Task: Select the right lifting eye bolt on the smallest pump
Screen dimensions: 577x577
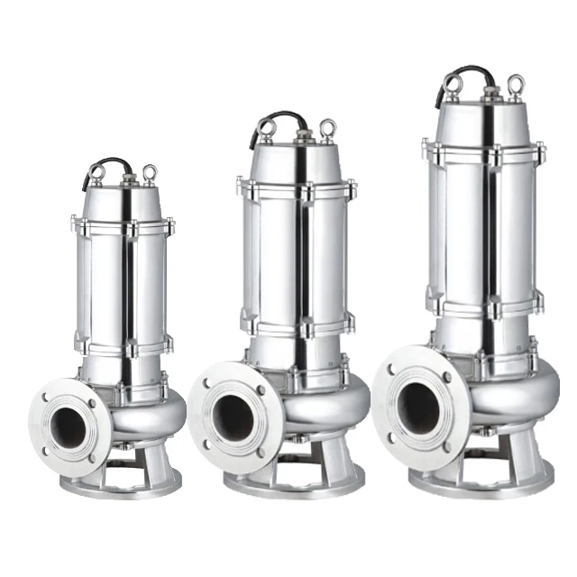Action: click(x=149, y=172)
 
